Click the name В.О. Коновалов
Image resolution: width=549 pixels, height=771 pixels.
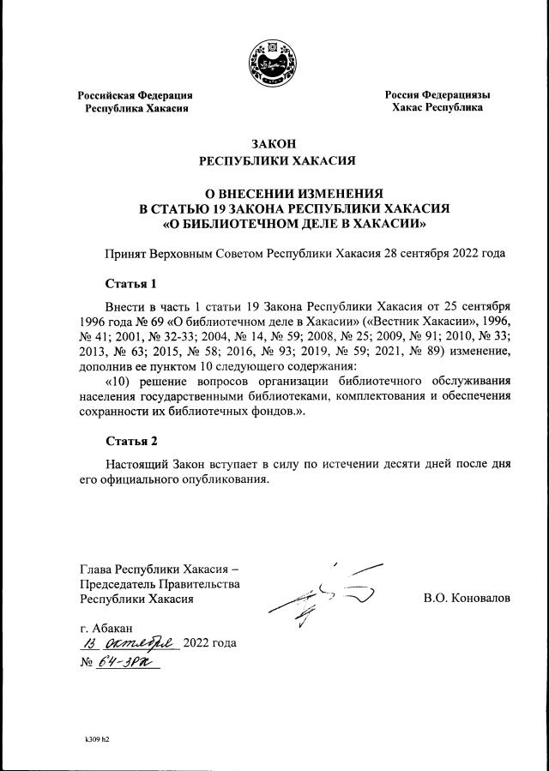467,598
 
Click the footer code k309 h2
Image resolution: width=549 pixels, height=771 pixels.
97,738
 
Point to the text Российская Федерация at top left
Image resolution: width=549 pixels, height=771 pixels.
136,95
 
